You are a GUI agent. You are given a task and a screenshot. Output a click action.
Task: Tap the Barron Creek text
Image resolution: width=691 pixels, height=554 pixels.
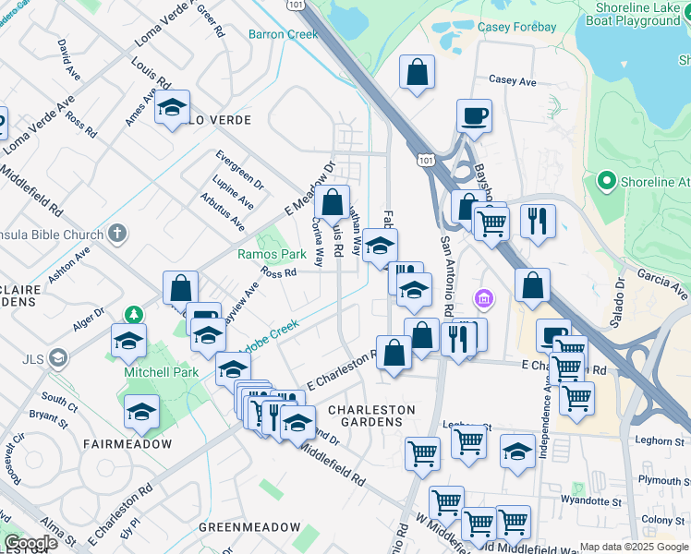pos(283,34)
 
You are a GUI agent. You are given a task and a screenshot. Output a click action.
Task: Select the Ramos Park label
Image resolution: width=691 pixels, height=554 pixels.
pos(272,254)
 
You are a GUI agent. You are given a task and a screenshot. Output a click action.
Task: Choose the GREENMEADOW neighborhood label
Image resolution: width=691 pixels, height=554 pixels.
pos(249,527)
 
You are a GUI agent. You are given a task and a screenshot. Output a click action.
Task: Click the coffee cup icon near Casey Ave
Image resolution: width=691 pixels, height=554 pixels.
pos(474,116)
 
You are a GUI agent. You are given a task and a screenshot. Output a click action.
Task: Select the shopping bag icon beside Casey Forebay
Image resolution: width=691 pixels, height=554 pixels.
pos(418,72)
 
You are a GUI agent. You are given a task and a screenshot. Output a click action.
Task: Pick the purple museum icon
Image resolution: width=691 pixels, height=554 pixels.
pos(483,299)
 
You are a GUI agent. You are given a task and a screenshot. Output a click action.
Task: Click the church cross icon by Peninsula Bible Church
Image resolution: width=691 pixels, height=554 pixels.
pos(116,235)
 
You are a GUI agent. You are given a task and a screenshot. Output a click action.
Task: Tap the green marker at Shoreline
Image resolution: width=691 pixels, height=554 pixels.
pos(607,182)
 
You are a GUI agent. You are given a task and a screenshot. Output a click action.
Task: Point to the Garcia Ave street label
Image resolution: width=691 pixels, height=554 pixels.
pos(663,283)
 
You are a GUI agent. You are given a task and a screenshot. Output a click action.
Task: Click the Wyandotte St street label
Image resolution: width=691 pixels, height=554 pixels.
pos(592,501)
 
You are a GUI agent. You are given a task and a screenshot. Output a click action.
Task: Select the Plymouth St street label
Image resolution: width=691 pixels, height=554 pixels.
pos(662,480)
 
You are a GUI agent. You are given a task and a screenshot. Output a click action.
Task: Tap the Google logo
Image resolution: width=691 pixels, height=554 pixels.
pos(30,543)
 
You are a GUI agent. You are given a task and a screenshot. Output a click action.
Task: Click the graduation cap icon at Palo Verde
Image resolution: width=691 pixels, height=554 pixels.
pos(172,109)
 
